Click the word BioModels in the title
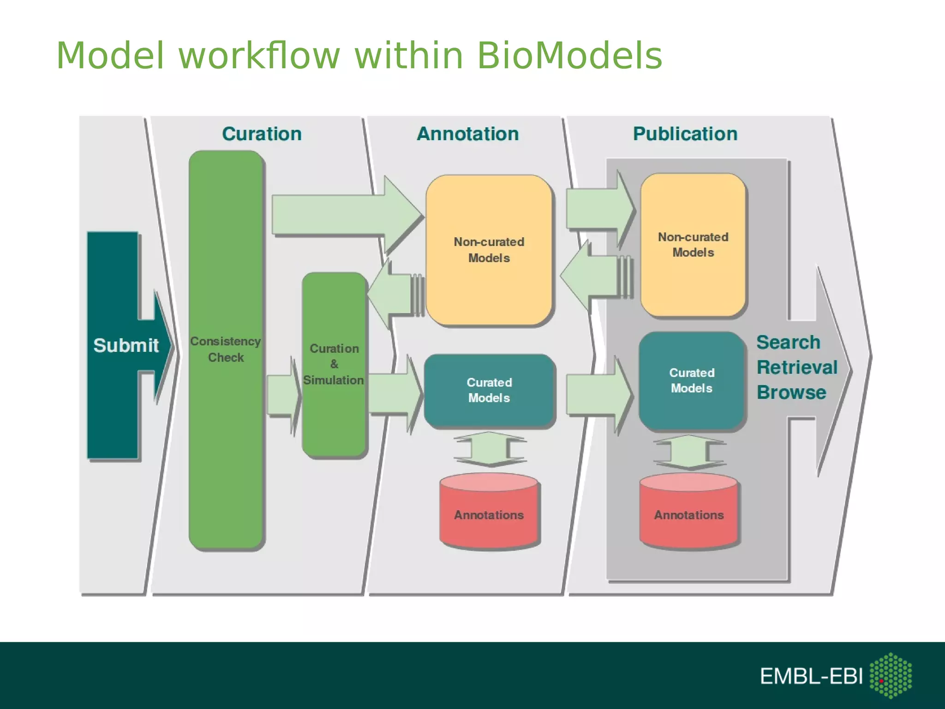tap(569, 56)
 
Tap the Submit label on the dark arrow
tap(126, 345)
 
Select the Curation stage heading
tap(262, 134)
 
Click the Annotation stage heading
tap(467, 134)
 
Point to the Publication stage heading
tap(685, 134)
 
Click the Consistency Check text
tap(226, 349)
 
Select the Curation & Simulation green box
tap(334, 364)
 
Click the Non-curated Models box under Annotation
tap(489, 250)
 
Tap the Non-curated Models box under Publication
tap(693, 245)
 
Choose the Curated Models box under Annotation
tap(489, 390)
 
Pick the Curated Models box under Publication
tap(691, 380)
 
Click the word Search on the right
tap(788, 342)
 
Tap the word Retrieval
tap(797, 367)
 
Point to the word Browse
tap(791, 392)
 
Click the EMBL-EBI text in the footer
tap(811, 676)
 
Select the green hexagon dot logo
tap(891, 675)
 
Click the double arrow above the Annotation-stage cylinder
tap(489, 449)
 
